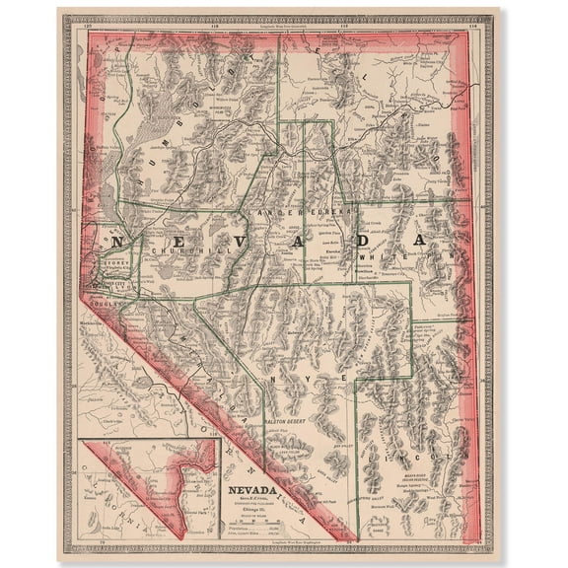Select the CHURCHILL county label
pyautogui.click(x=177, y=250)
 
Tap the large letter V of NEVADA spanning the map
pyautogui.click(x=248, y=240)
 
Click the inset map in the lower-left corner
pyautogui.click(x=149, y=487)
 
